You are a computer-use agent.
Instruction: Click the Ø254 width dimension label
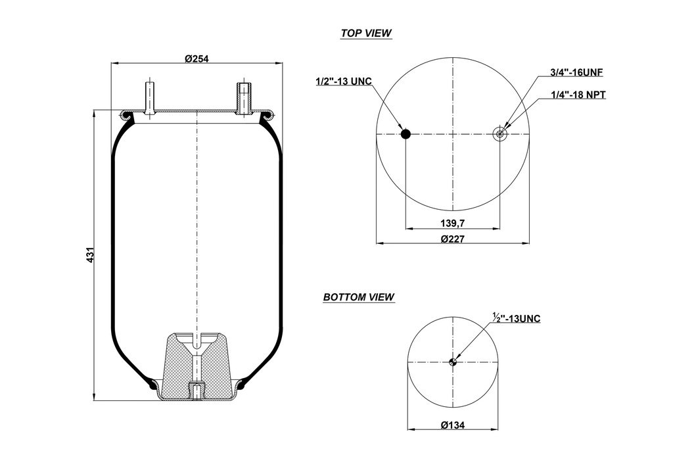(197, 59)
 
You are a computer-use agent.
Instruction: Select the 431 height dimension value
(91, 255)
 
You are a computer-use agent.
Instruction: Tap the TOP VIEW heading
(366, 34)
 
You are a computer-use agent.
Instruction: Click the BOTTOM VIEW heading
(359, 297)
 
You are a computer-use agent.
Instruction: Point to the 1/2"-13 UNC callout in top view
(344, 81)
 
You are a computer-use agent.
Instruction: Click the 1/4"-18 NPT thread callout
(578, 95)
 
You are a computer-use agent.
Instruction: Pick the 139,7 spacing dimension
(453, 223)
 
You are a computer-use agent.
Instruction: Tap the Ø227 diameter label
(453, 239)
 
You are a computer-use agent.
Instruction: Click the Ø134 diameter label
(453, 425)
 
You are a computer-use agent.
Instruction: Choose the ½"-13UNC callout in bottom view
(516, 319)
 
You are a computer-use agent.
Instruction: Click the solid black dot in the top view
(406, 134)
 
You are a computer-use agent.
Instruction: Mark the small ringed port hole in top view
(499, 134)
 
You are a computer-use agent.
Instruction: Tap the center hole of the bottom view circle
(452, 362)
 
